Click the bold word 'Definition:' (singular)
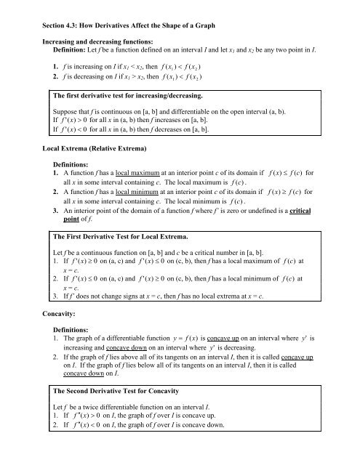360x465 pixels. pyautogui.click(x=62, y=43)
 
